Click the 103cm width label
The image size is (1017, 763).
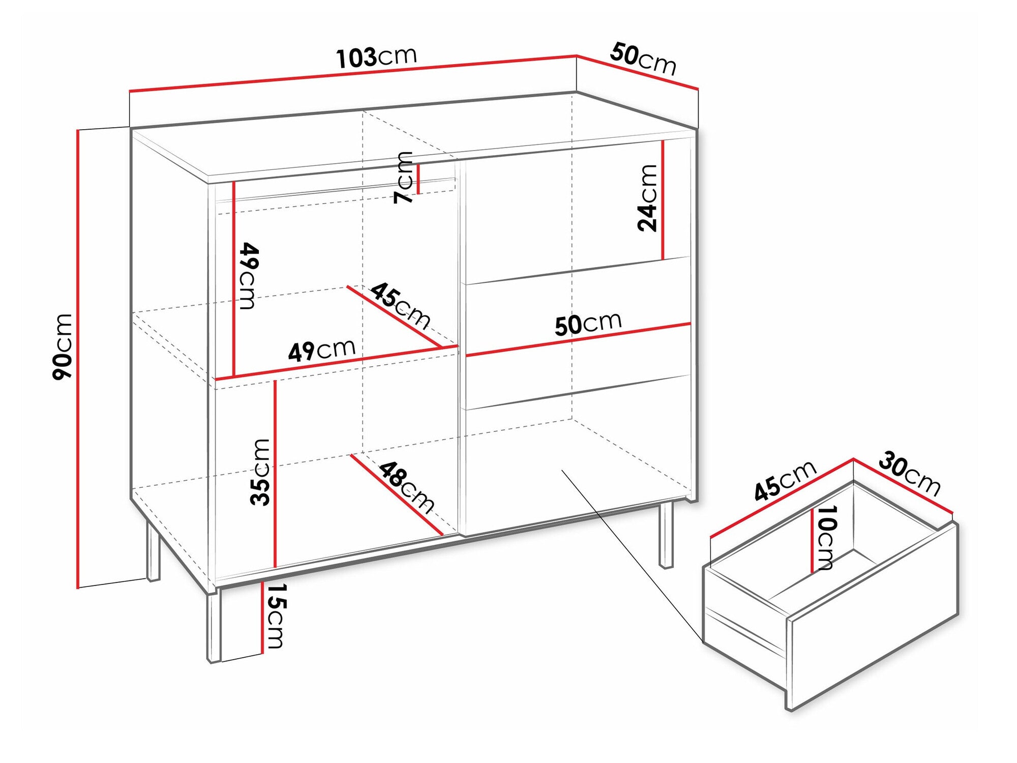[x=376, y=57]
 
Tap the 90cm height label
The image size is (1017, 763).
[x=63, y=346]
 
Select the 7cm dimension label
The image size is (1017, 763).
[x=405, y=178]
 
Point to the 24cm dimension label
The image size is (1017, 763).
[x=647, y=198]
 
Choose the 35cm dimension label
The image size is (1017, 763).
[x=260, y=472]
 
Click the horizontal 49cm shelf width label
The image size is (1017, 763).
[x=321, y=350]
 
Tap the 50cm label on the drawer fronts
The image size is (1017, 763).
[x=588, y=324]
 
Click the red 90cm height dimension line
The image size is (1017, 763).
[x=78, y=359]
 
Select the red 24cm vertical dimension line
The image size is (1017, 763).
[x=663, y=200]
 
